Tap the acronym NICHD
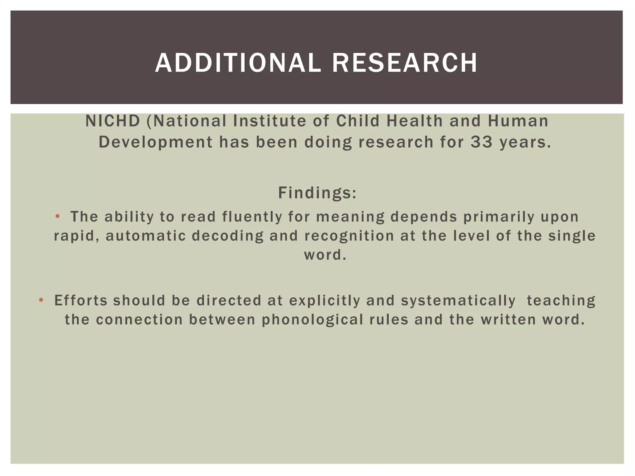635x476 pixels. tap(113, 121)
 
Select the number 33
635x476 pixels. tap(482, 142)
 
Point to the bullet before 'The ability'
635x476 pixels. tap(57, 216)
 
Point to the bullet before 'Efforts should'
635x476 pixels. tap(41, 300)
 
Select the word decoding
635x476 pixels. tap(227, 236)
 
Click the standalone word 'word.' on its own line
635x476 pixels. tap(325, 255)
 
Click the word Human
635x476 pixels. tap(518, 121)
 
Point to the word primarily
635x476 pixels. tap(499, 217)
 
